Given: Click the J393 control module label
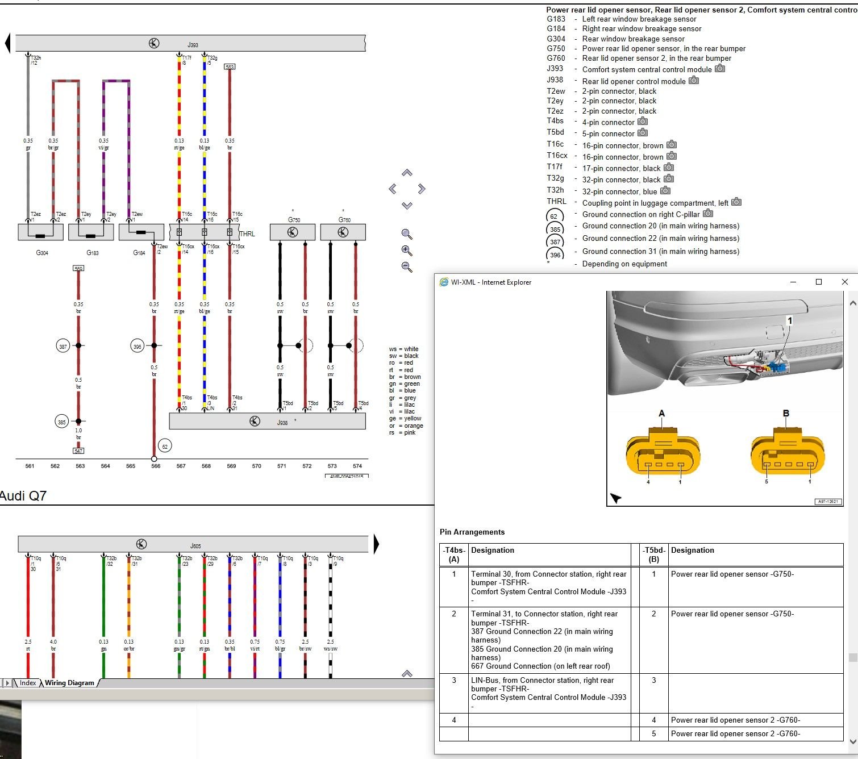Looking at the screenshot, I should click(193, 45).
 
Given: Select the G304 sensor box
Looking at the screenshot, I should click(41, 232).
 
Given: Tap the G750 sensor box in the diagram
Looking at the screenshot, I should click(293, 232).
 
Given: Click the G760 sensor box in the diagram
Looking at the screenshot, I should click(343, 232).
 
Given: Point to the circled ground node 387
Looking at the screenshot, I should click(63, 346).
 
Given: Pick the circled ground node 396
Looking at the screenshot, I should click(138, 346).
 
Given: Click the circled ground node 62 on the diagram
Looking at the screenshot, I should click(165, 447).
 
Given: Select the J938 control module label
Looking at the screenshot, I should click(282, 422).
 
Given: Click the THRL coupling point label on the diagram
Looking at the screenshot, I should click(247, 234).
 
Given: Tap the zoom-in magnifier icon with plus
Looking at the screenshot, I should click(407, 251).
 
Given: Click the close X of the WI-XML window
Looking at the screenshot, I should click(844, 282).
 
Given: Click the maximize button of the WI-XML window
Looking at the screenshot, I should click(819, 282).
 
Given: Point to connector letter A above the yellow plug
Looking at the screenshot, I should click(661, 414).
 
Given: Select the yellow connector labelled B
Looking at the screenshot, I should click(788, 454).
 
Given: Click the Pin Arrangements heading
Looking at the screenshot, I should click(472, 532).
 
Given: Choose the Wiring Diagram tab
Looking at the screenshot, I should click(69, 683).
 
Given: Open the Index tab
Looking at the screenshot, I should click(28, 683).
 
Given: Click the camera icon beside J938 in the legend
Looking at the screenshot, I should click(694, 80).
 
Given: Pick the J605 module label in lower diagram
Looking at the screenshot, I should click(195, 546).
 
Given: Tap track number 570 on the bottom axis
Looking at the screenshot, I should click(257, 466).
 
